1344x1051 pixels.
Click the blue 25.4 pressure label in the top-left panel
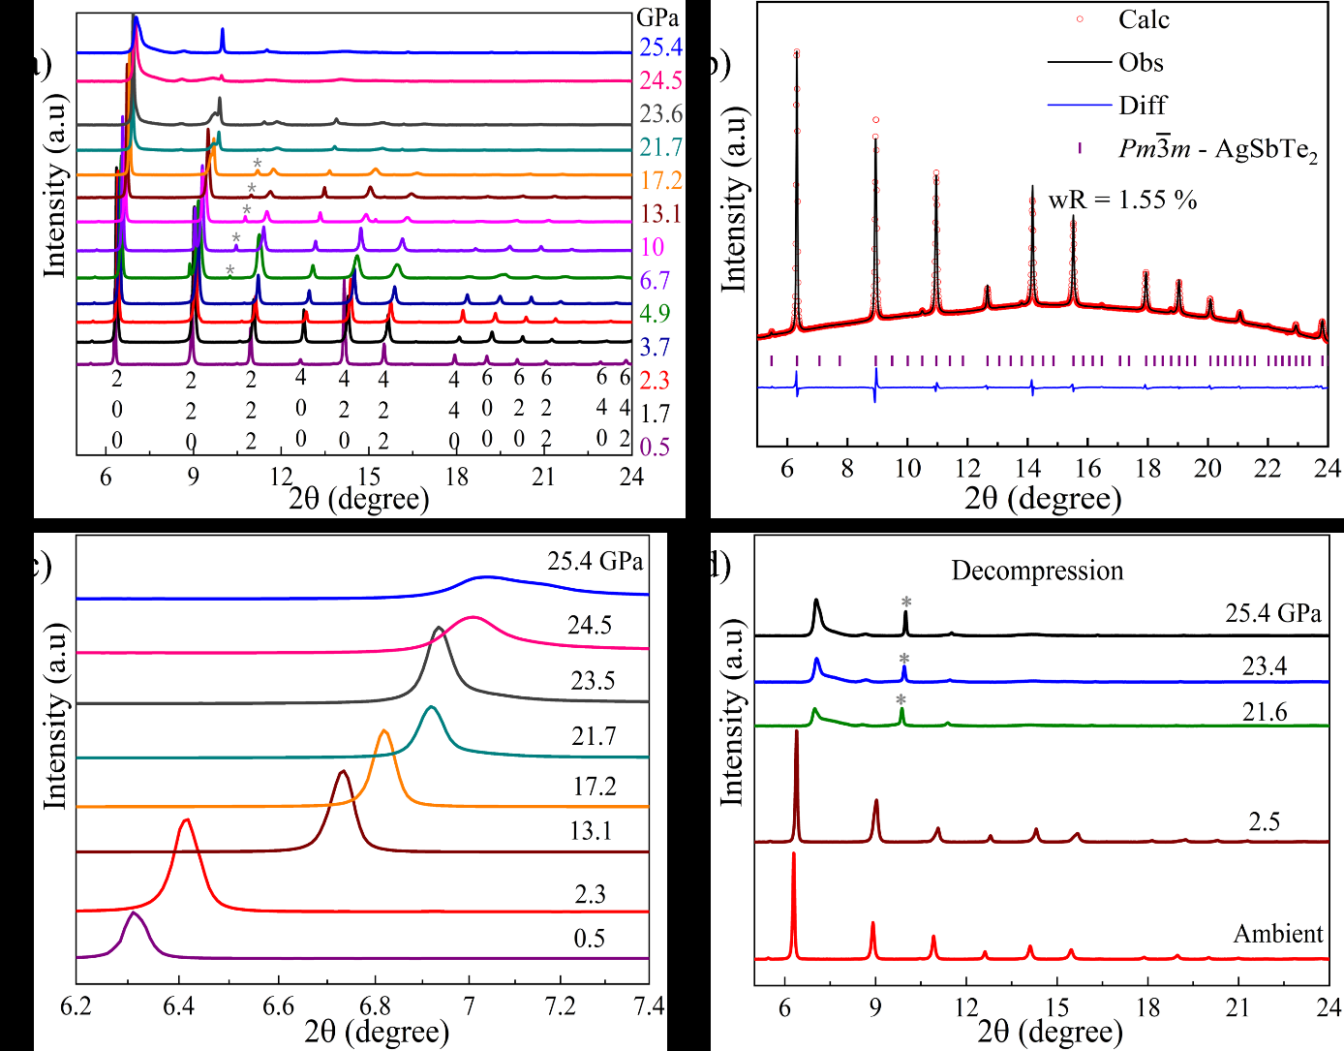tap(660, 47)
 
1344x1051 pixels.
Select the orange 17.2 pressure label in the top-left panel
tap(660, 180)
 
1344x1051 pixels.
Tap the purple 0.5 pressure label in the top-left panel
tap(655, 447)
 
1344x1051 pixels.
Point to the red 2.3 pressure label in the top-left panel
tap(655, 380)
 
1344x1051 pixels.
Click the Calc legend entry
tap(1143, 19)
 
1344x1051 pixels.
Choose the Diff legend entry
tap(1143, 105)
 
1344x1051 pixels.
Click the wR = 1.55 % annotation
tap(1122, 201)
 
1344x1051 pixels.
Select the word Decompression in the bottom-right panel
tap(1037, 571)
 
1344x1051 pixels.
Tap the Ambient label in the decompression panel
tap(1278, 934)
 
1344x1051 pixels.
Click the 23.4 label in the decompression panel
tap(1265, 665)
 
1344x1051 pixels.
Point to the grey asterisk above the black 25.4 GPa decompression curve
tap(906, 603)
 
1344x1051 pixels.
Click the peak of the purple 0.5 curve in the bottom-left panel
tap(134, 913)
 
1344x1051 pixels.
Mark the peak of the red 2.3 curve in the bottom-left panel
tap(186, 820)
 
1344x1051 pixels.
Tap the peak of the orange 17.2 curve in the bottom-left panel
tap(384, 730)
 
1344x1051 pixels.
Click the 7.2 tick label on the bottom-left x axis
tap(561, 1006)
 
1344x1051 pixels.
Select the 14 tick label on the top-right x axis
tap(1027, 469)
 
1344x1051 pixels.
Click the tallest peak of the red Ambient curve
tap(793, 853)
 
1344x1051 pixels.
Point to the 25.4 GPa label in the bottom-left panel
tap(595, 562)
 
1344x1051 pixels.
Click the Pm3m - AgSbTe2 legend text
tap(1218, 149)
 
